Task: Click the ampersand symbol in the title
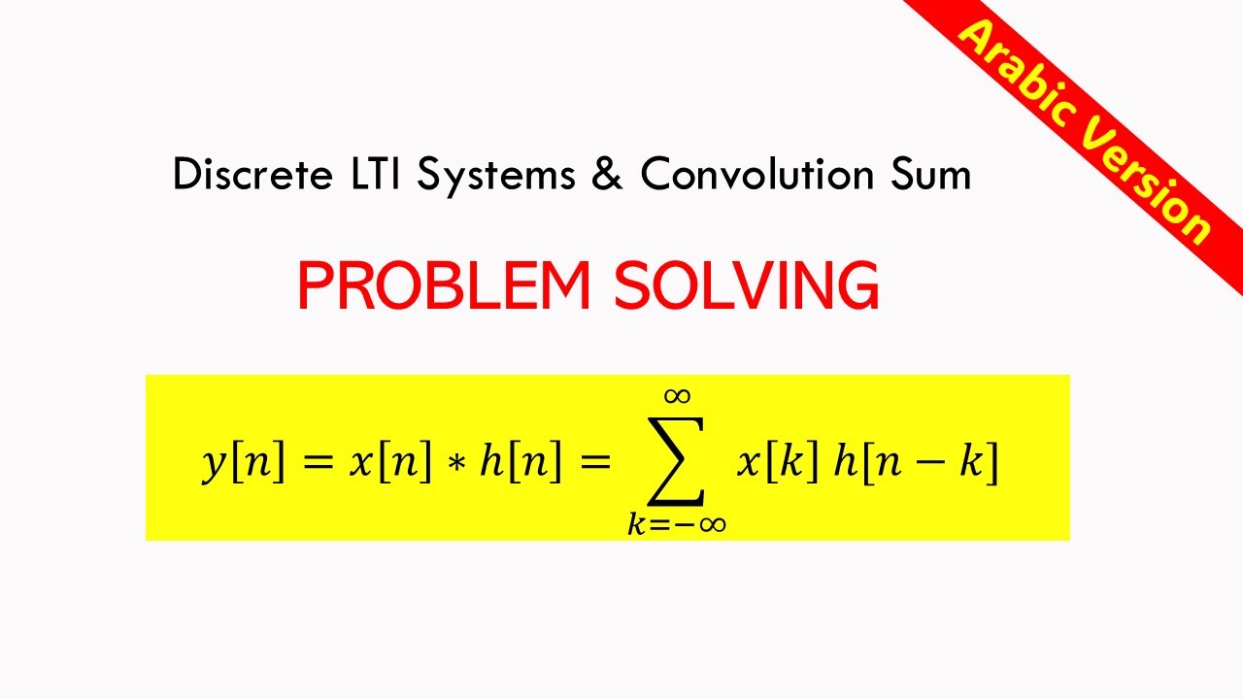607,176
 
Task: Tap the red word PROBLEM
444,286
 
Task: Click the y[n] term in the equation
244,463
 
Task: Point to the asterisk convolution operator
455,464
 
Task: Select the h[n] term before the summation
521,463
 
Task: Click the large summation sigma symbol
677,459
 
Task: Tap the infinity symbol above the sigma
677,395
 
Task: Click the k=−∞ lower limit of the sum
677,524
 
